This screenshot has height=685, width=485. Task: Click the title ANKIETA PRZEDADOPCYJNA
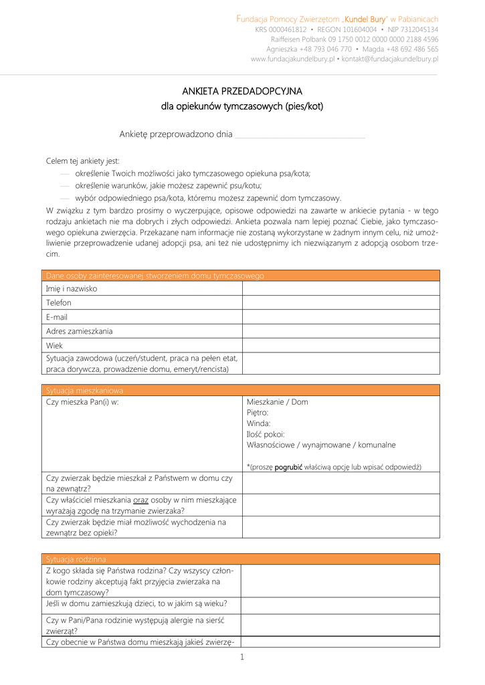click(x=242, y=91)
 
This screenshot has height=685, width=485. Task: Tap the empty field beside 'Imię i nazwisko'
click(x=341, y=288)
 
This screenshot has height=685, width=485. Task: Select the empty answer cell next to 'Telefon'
click(x=341, y=302)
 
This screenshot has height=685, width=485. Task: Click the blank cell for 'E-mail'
click(x=341, y=316)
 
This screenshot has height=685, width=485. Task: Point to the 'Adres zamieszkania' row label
click(x=80, y=331)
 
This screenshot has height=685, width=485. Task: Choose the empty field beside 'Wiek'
click(x=341, y=345)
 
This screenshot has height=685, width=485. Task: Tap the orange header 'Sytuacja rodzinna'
click(x=76, y=559)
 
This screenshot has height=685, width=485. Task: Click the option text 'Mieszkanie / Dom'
click(x=278, y=402)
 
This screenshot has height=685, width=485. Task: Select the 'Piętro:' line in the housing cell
click(x=258, y=413)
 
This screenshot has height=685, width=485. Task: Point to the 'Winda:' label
click(x=259, y=423)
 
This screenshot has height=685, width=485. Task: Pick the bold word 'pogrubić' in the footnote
click(x=288, y=467)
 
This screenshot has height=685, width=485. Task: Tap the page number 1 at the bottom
click(x=242, y=657)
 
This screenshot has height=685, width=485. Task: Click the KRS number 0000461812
click(x=288, y=29)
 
